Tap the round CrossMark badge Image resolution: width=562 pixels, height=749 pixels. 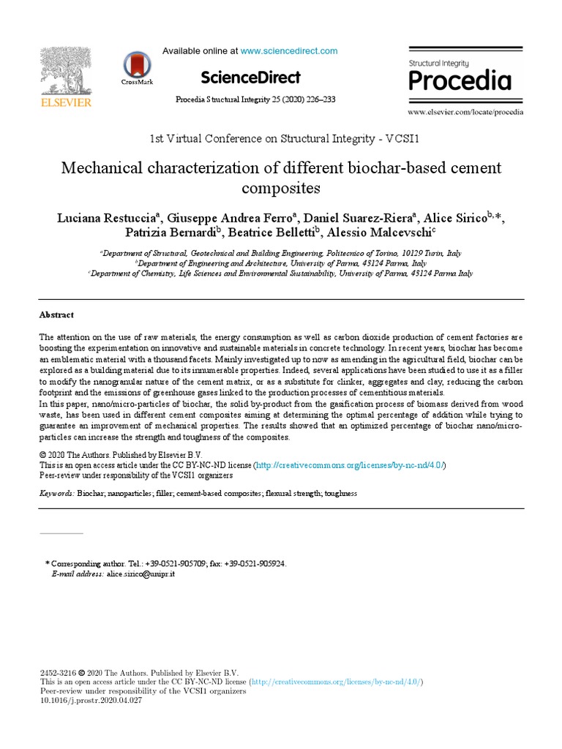pos(137,65)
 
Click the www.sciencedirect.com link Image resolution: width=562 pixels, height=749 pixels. pos(289,51)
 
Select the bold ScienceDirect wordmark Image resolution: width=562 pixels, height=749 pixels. pos(250,78)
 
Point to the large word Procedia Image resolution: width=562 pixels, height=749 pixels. pos(460,80)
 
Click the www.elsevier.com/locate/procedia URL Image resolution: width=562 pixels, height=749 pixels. pos(465,113)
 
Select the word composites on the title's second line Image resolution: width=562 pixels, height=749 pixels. pos(281,188)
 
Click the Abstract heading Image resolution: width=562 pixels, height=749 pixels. pos(56,315)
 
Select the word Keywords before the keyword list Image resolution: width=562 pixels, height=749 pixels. pos(56,494)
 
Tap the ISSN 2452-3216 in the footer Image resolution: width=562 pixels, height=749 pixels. pos(57,673)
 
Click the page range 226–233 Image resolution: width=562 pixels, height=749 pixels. pos(321,99)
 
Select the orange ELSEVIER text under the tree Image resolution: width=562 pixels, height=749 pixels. pos(66,103)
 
